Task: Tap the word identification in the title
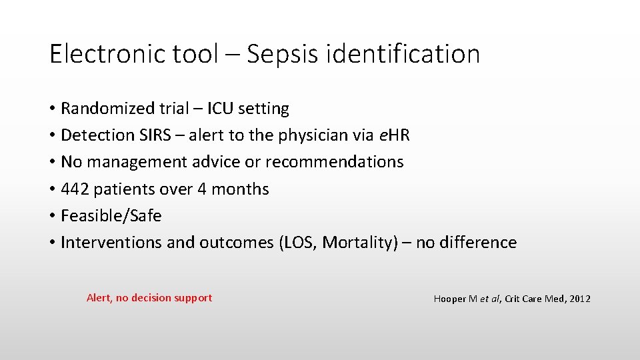pos(403,54)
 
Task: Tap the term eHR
pos(394,135)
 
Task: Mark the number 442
pos(75,189)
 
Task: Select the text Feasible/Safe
pos(111,216)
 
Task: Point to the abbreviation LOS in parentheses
pos(298,243)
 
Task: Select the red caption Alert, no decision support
pos(149,298)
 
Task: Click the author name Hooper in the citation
pos(450,299)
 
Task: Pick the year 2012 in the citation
pos(579,299)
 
